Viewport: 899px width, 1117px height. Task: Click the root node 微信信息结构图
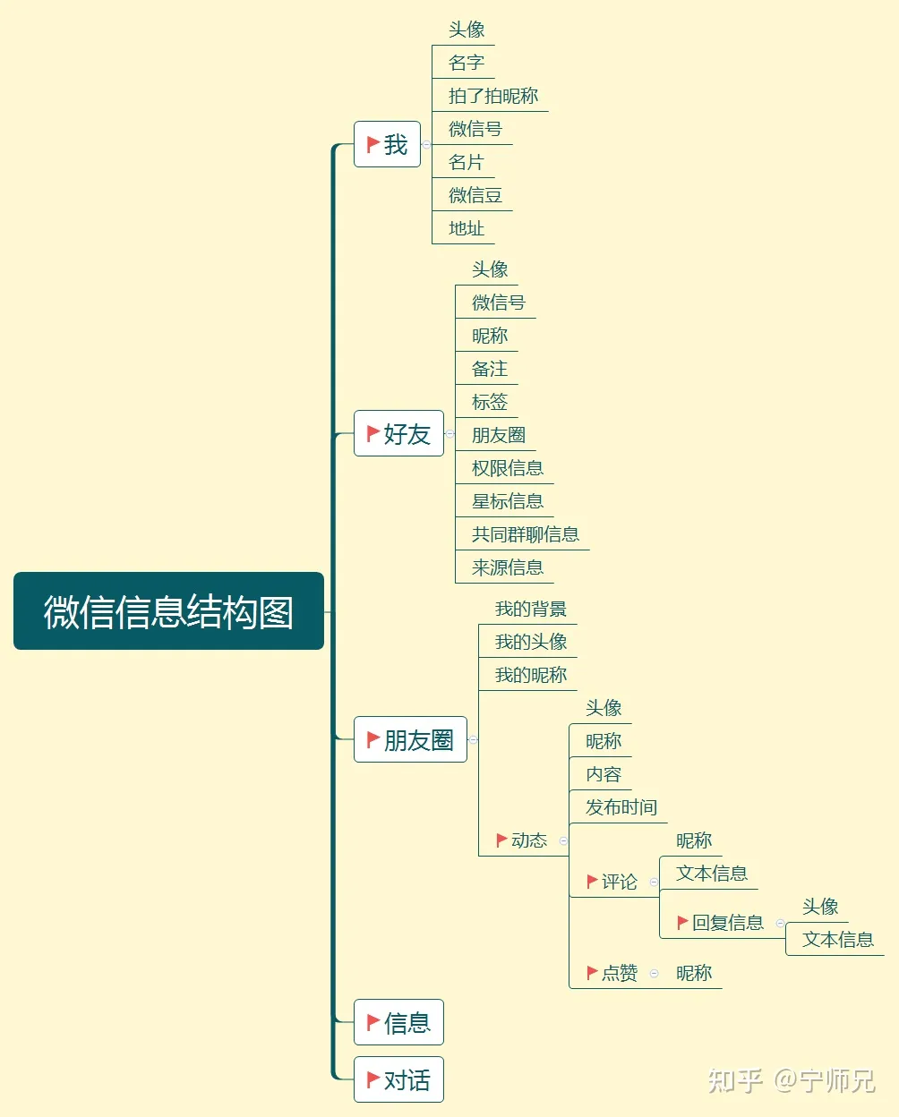168,611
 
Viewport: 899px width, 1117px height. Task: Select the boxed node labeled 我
387,144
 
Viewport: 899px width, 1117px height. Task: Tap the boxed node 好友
398,433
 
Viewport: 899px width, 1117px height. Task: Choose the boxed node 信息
398,1022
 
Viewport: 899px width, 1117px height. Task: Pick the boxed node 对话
398,1079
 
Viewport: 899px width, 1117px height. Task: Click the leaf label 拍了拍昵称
493,96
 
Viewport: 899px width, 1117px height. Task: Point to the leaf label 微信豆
475,195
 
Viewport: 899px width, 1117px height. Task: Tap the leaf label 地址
467,228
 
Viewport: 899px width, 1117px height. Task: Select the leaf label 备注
490,369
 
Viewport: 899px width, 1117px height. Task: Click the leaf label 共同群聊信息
526,534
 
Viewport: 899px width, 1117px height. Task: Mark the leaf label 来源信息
508,567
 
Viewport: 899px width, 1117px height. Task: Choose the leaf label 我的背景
531,610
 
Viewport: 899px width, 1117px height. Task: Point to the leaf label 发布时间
621,807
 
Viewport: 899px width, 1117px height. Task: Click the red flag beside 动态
501,840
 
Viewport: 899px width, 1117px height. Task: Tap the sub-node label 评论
620,882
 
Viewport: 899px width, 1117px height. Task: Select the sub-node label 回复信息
728,923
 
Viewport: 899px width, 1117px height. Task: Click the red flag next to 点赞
592,973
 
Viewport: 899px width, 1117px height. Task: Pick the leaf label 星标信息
508,501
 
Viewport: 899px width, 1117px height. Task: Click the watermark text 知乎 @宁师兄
792,1080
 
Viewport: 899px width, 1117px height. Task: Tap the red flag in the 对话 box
373,1079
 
